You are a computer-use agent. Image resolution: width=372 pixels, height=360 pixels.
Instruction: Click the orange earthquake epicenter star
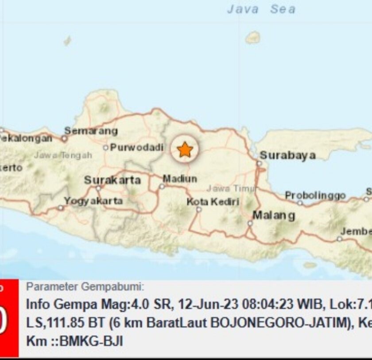[x=185, y=150]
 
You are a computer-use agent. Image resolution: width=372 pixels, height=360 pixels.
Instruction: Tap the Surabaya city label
[x=287, y=155]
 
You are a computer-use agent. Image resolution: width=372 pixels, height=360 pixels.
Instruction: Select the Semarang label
[x=91, y=131]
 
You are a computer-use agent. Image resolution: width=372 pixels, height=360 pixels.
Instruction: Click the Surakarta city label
[x=112, y=180]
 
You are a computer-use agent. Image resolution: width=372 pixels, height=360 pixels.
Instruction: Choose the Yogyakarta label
[x=93, y=201]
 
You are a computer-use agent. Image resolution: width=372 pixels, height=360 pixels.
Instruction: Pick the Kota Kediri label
[x=213, y=202]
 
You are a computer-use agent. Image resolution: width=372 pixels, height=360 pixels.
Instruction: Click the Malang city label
[x=273, y=216]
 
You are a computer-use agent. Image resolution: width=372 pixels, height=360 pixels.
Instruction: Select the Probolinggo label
[x=315, y=195]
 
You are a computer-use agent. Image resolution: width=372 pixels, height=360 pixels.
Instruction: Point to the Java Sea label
[x=261, y=10]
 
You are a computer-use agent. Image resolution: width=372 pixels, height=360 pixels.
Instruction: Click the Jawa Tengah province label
[x=63, y=155]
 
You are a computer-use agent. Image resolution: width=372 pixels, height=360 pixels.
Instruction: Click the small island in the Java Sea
[x=253, y=38]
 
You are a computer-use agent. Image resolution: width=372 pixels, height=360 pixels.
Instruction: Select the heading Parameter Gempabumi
[x=85, y=287]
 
